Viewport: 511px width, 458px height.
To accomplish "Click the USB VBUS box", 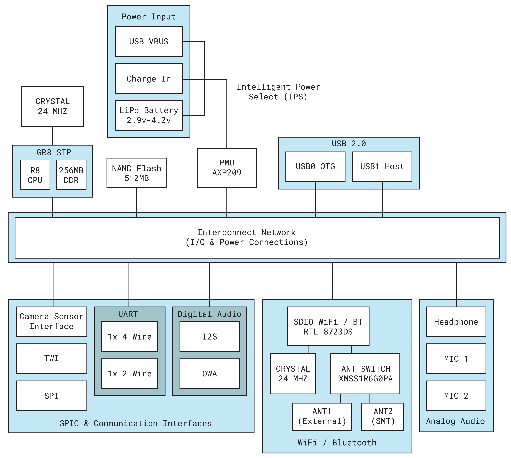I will pos(149,41).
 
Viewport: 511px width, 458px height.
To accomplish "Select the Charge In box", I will pos(149,79).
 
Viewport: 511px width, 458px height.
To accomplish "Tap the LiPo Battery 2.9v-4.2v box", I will pos(149,115).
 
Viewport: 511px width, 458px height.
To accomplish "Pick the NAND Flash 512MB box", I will pos(136,173).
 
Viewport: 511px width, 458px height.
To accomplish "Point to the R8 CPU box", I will pos(35,175).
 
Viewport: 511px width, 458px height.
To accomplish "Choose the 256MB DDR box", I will pos(71,175).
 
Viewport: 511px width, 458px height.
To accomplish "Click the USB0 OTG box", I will pos(315,167).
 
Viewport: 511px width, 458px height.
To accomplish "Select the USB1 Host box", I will pos(382,167).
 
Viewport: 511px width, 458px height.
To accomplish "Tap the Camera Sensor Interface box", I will pos(51,321).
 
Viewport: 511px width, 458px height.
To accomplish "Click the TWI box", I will pos(51,358).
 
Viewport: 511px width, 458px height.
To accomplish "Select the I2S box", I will pos(209,336).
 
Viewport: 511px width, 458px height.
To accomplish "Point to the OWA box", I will pos(209,374).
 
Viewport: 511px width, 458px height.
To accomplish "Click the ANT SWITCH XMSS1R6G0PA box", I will pos(365,374).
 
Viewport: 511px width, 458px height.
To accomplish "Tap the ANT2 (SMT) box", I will pos(382,417).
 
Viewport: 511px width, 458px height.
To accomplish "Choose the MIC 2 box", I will pos(456,396).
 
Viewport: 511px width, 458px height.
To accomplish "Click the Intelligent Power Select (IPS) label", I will pos(278,92).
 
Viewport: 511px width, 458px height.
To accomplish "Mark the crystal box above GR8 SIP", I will pos(52,106).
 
